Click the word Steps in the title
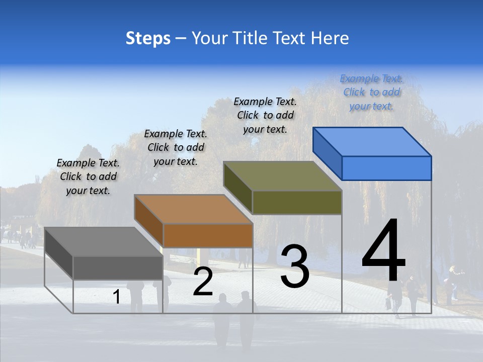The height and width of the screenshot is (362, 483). (x=148, y=39)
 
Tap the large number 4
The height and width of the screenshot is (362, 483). (x=383, y=251)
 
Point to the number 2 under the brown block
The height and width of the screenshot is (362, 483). (x=203, y=282)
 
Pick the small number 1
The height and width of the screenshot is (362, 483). (x=117, y=297)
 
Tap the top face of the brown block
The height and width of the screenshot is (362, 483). (x=193, y=209)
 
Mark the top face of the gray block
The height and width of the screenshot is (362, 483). (x=104, y=242)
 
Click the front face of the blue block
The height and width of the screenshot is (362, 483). (x=386, y=168)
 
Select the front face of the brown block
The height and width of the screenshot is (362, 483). (x=208, y=235)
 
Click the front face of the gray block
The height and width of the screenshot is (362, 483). (x=118, y=267)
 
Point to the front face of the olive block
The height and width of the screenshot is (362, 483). (x=297, y=202)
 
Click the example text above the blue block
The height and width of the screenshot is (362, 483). (x=371, y=92)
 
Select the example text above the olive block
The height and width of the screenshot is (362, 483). (x=265, y=115)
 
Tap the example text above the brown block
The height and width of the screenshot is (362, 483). (x=176, y=147)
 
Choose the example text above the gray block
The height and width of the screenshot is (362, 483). (x=88, y=176)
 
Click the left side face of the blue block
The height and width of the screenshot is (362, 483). (x=327, y=153)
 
